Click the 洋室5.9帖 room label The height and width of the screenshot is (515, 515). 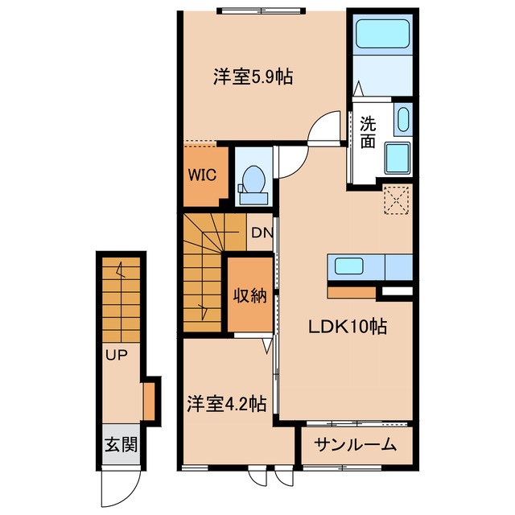tap(253, 77)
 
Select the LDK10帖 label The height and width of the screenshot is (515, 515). tap(349, 328)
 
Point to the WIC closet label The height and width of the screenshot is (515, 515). tap(200, 175)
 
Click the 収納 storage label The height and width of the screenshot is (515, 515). tap(249, 295)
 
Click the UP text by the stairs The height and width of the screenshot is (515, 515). tap(114, 352)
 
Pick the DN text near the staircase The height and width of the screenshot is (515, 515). tap(261, 234)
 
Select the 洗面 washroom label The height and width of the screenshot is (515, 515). tap(367, 132)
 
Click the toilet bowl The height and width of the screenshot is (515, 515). tap(253, 179)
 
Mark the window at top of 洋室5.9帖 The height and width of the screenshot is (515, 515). tap(262, 10)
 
